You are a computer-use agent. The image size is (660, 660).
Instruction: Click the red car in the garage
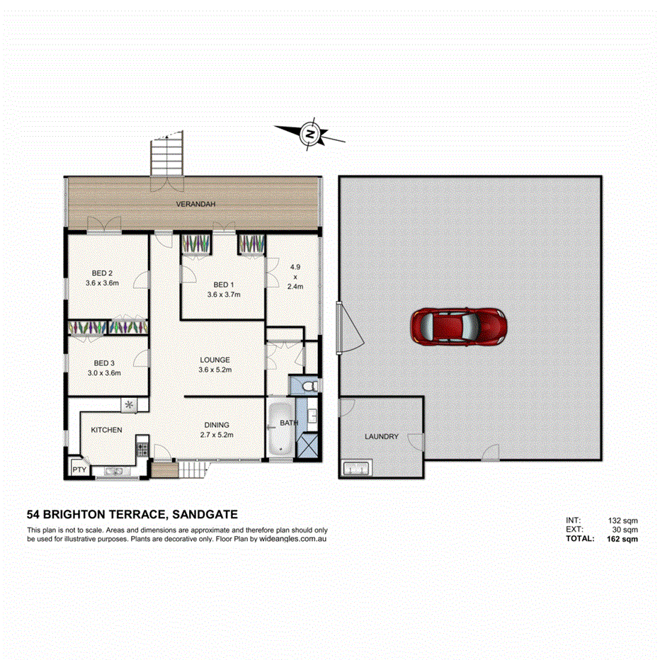459,326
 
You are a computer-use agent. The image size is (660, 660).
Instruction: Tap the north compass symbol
309,132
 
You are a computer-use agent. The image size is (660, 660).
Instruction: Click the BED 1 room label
224,289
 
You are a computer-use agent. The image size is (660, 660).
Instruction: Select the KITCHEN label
106,430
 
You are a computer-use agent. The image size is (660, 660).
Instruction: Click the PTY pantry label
76,468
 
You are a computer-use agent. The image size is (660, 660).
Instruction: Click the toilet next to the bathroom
305,386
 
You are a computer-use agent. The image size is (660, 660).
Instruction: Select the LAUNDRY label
381,437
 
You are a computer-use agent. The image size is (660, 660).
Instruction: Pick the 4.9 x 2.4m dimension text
295,277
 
